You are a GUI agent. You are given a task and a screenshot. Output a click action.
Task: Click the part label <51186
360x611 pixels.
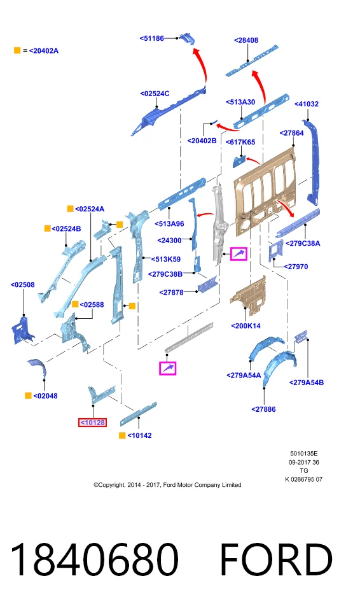151,38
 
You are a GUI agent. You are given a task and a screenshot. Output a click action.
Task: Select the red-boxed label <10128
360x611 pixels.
92,423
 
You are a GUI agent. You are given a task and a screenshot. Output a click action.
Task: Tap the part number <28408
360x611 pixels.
246,40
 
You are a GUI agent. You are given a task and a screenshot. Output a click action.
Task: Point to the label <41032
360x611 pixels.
306,104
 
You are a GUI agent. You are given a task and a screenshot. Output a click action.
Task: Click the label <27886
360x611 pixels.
263,409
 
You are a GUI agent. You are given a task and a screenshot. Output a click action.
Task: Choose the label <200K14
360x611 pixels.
246,326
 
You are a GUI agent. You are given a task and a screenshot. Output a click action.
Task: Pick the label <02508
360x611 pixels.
23,285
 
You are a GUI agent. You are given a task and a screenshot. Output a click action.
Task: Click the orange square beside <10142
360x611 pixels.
122,435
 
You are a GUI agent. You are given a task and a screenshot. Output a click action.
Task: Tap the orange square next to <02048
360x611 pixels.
28,395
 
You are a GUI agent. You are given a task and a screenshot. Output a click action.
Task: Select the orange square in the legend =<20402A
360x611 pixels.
17,50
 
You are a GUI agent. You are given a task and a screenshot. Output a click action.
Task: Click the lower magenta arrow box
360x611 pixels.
167,369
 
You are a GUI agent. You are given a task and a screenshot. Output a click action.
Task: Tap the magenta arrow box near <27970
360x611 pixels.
239,254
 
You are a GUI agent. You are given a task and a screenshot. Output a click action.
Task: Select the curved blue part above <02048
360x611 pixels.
38,367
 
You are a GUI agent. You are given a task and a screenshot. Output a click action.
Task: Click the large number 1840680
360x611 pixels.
94,559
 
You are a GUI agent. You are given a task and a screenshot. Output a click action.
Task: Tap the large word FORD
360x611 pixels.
276,559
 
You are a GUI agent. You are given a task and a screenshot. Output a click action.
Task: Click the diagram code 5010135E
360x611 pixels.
304,454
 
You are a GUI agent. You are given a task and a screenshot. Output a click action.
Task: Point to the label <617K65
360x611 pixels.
240,142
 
